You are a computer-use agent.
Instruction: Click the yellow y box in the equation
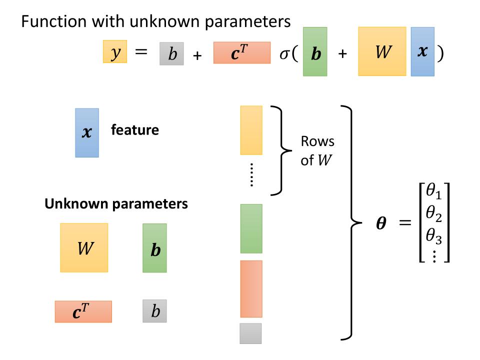click(115, 52)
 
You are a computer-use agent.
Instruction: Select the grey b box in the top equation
click(171, 54)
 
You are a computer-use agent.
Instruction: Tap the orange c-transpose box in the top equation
click(241, 53)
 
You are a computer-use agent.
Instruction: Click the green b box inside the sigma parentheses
click(315, 52)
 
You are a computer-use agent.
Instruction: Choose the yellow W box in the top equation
click(382, 51)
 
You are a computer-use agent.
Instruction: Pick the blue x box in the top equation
click(422, 51)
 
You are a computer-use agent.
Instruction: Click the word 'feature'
click(135, 130)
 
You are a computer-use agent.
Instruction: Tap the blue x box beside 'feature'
click(87, 133)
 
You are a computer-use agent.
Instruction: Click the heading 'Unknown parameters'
click(116, 204)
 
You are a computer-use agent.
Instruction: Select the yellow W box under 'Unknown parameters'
click(84, 247)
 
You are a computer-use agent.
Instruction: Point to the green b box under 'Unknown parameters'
click(154, 248)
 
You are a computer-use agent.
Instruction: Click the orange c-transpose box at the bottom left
click(83, 311)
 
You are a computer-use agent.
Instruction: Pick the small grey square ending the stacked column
click(250, 333)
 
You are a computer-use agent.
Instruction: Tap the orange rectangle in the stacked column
click(251, 289)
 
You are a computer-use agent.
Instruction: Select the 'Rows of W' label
click(317, 150)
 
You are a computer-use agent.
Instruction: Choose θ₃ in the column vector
click(433, 236)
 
